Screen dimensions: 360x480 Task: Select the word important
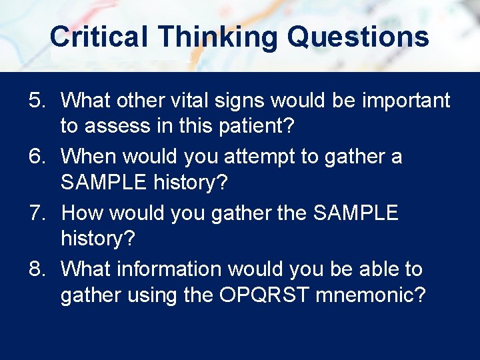tap(406, 101)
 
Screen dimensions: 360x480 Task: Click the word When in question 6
tap(90, 157)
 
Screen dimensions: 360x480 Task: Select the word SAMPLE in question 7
tap(355, 213)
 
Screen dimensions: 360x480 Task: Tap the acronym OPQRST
tap(264, 294)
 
